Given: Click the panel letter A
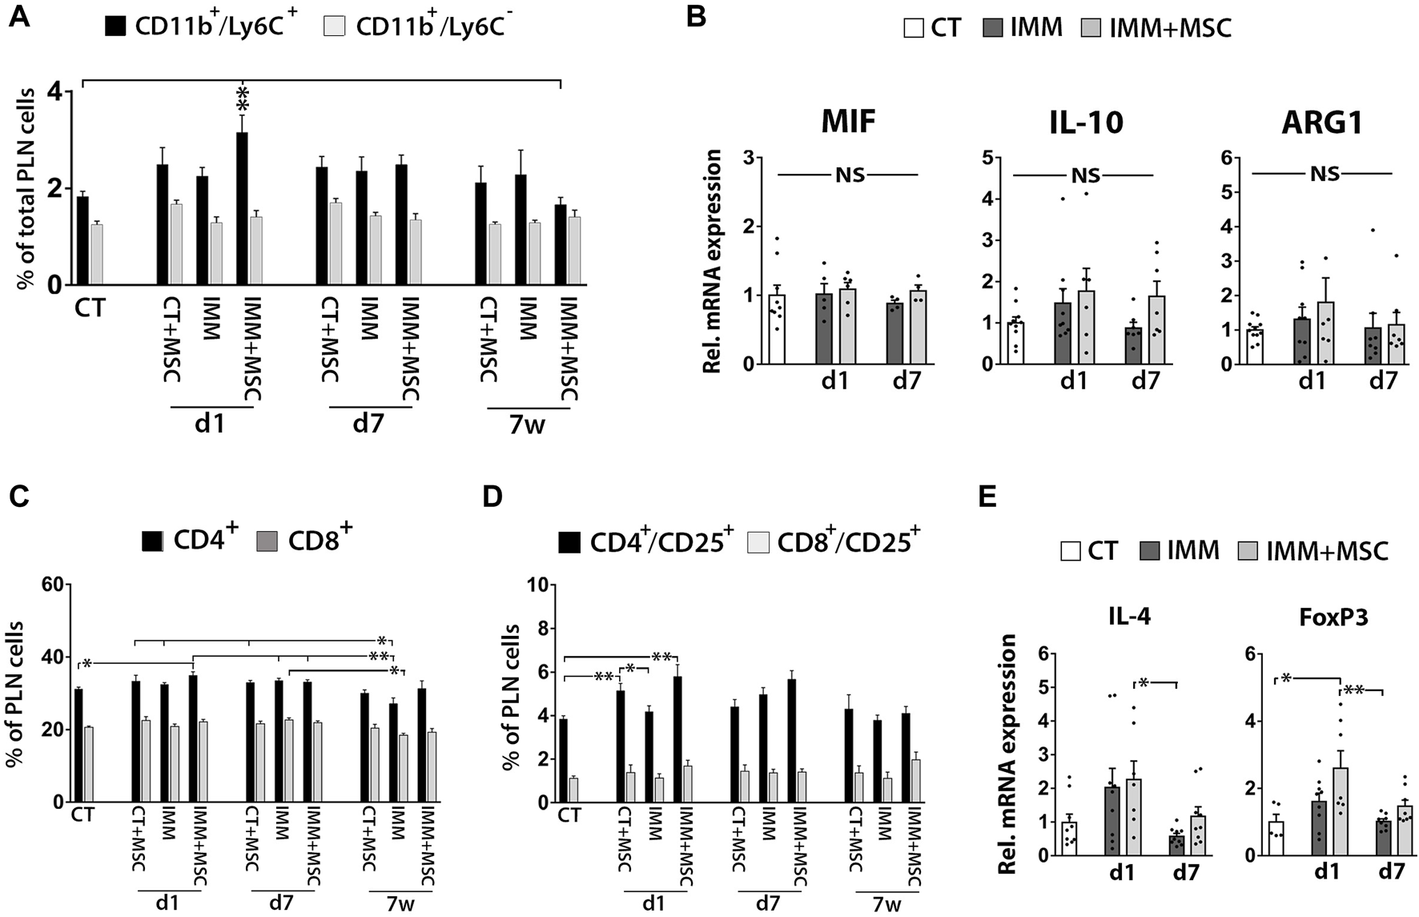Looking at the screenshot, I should pyautogui.click(x=18, y=17).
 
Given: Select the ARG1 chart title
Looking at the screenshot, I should pyautogui.click(x=1324, y=123).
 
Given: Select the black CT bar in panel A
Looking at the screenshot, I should pyautogui.click(x=82, y=240).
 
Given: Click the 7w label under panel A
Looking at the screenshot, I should pyautogui.click(x=527, y=424).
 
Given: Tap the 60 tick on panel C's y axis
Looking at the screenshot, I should pyautogui.click(x=53, y=585).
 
